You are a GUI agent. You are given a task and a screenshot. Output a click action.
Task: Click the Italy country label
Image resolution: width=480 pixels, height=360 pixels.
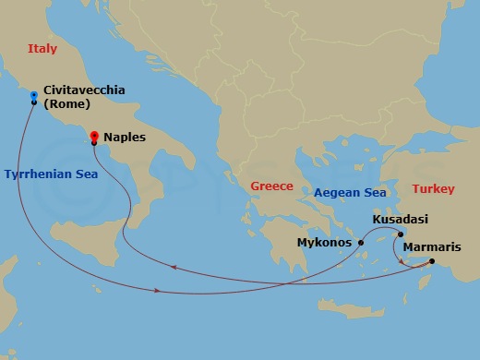click(x=43, y=48)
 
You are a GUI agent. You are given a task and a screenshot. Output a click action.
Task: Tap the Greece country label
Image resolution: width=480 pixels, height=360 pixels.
click(x=271, y=186)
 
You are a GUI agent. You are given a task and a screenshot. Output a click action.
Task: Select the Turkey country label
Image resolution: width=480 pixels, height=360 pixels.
click(x=433, y=189)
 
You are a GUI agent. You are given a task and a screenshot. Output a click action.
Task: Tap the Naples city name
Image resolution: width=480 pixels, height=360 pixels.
click(x=125, y=137)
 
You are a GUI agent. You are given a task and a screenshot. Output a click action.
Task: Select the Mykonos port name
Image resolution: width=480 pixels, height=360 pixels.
click(x=324, y=243)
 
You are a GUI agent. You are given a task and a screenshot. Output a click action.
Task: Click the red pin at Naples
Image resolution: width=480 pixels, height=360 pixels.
click(x=93, y=138)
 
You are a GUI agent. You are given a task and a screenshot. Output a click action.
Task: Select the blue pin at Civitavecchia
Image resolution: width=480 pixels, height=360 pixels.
click(x=34, y=95)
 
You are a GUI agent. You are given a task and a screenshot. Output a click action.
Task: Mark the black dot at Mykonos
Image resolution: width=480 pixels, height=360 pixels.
click(x=361, y=244)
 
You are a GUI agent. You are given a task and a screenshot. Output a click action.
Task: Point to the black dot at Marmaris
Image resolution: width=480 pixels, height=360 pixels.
click(x=432, y=260)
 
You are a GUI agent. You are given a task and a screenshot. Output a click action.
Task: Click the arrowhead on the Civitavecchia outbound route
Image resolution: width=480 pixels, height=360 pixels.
click(x=160, y=292)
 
